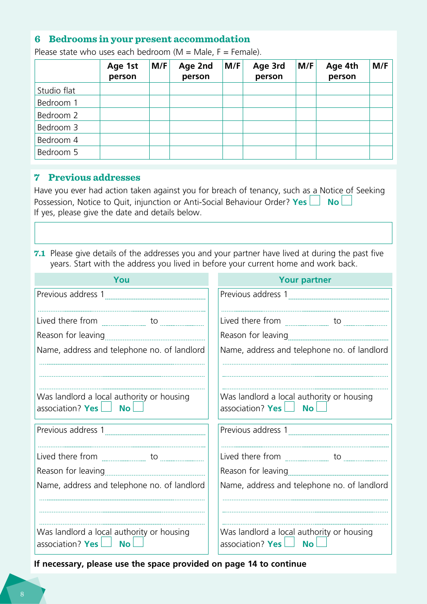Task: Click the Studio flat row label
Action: pos(56,90)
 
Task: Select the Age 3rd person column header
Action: pos(269,71)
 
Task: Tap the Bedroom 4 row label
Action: pos(58,140)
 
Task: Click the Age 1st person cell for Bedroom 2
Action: pos(125,115)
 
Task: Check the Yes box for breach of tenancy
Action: pos(315,200)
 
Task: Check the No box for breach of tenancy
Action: pos(347,200)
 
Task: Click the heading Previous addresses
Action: pos(94,178)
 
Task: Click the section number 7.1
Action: pos(40,253)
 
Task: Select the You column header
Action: pos(121,280)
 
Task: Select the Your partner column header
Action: pos(305,280)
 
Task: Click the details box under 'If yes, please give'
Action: pos(213,233)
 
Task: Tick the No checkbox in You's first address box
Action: pos(138,407)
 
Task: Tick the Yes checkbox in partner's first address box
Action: pos(289,407)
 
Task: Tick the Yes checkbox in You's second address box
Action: pos(107,542)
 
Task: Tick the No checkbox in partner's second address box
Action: pos(321,542)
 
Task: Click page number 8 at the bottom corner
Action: pos(22,594)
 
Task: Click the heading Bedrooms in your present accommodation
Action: pos(149,39)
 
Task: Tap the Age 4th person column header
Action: pos(342,71)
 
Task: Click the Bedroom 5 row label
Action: pos(58,152)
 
